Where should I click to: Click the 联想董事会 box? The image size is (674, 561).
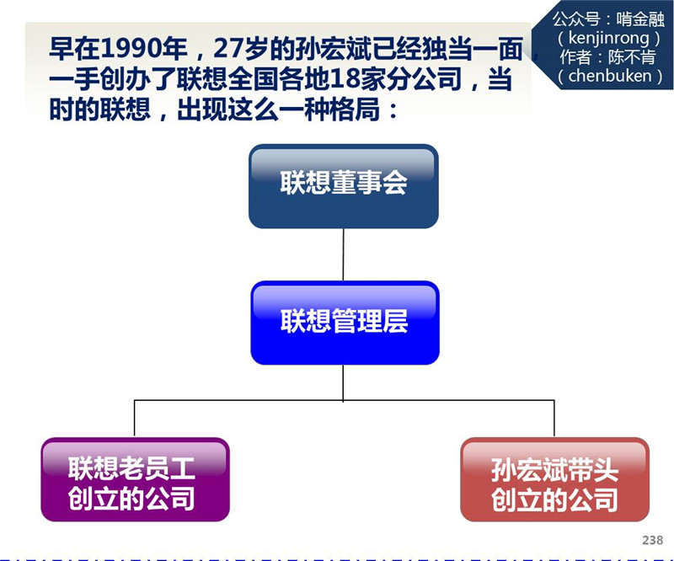[343, 185]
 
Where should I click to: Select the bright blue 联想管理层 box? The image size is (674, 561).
[345, 322]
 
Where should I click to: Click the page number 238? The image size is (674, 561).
[651, 540]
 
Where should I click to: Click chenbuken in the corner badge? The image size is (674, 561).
[609, 76]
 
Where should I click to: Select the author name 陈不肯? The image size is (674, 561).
[630, 57]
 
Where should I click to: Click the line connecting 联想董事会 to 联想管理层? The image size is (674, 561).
[343, 254]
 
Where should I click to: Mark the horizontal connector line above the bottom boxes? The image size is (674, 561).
[253, 401]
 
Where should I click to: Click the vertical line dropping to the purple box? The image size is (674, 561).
[135, 419]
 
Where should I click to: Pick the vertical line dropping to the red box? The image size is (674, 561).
[554, 419]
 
